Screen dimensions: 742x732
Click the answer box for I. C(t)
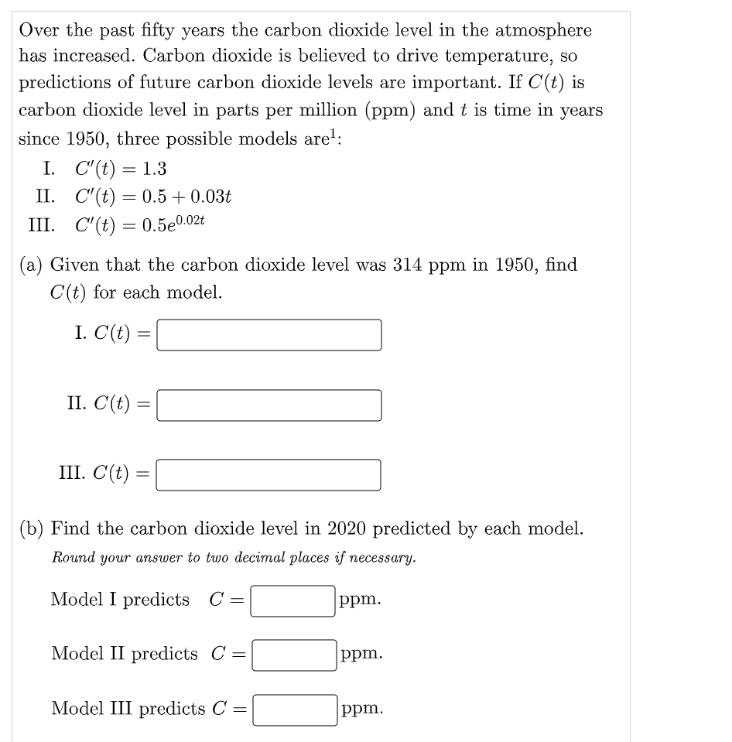point(269,335)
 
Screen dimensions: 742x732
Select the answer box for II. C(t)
point(269,405)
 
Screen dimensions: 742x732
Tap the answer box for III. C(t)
point(269,475)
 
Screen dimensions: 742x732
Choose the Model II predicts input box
point(293,655)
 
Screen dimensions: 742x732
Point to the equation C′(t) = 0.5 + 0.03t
point(153,197)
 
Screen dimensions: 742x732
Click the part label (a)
point(32,265)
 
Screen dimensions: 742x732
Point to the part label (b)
point(32,529)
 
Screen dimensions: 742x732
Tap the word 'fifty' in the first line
point(160,30)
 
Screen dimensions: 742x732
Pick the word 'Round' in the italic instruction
point(73,557)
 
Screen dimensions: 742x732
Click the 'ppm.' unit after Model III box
point(362,709)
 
